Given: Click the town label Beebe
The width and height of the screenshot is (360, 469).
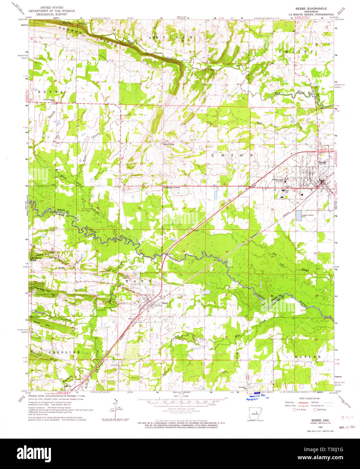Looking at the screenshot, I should point(323,162).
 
